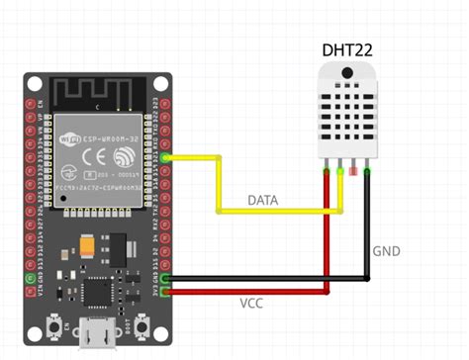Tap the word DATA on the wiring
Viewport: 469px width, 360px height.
[x=263, y=201]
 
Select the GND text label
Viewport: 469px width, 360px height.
[x=387, y=251]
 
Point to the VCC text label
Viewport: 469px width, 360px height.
[x=251, y=304]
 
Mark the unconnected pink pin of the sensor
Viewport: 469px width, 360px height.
[x=353, y=172]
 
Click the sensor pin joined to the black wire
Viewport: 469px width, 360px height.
[x=367, y=172]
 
